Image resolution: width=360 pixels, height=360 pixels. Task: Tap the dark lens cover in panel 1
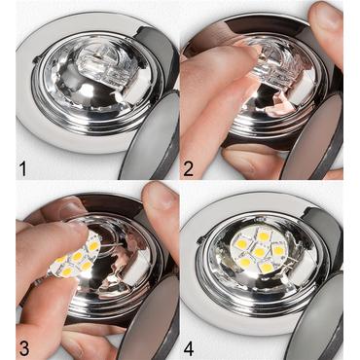click(157, 136)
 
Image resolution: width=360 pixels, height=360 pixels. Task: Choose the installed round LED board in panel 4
click(259, 251)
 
